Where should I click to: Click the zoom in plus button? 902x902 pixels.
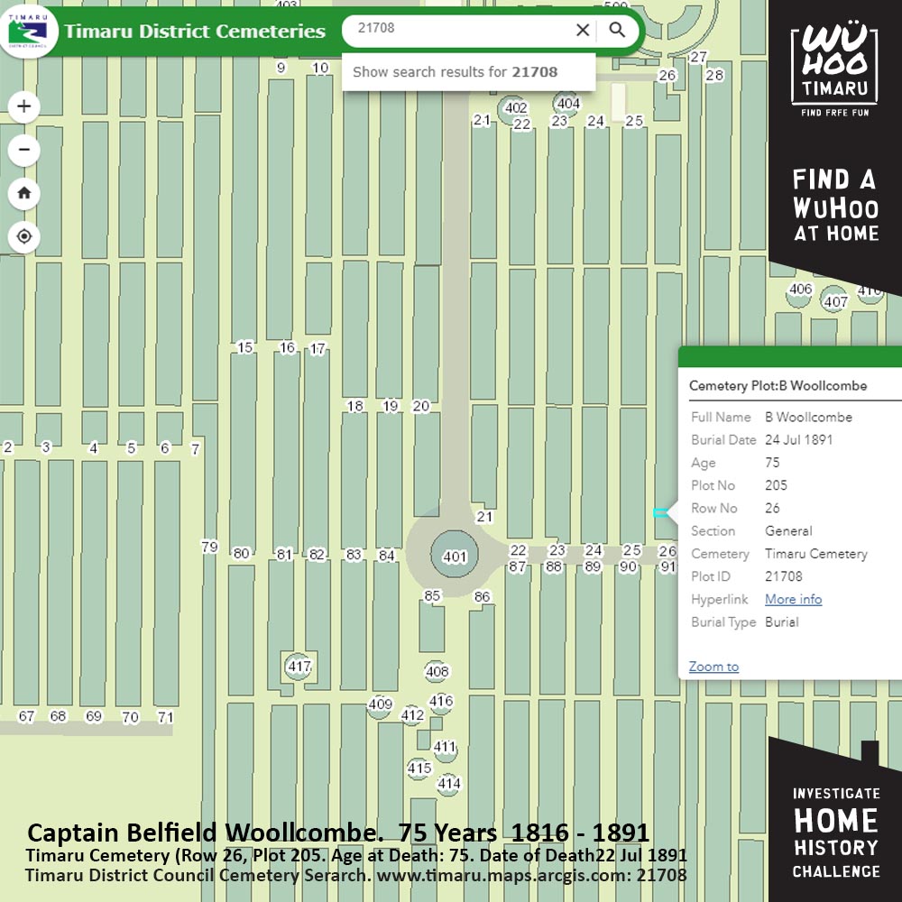(24, 106)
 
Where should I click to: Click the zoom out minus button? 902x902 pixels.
(24, 150)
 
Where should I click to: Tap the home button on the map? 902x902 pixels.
(24, 193)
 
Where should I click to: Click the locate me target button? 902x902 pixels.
(24, 236)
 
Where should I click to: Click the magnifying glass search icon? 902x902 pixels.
(617, 30)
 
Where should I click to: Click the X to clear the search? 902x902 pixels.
(583, 30)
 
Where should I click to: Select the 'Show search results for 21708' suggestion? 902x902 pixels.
(455, 72)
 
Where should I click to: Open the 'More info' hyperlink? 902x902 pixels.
(793, 599)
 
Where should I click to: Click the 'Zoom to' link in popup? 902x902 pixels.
(713, 667)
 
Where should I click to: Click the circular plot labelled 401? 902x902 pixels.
(455, 557)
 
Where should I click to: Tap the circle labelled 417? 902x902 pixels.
(299, 667)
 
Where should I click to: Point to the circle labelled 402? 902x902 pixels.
(515, 108)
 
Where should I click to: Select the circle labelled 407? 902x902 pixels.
(835, 302)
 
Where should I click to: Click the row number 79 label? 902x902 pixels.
(209, 547)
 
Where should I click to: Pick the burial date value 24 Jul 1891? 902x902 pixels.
(798, 440)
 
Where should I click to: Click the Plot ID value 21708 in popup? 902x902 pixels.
(783, 576)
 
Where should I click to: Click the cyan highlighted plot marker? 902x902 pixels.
(660, 512)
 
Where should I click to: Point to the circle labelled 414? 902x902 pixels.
(449, 784)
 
